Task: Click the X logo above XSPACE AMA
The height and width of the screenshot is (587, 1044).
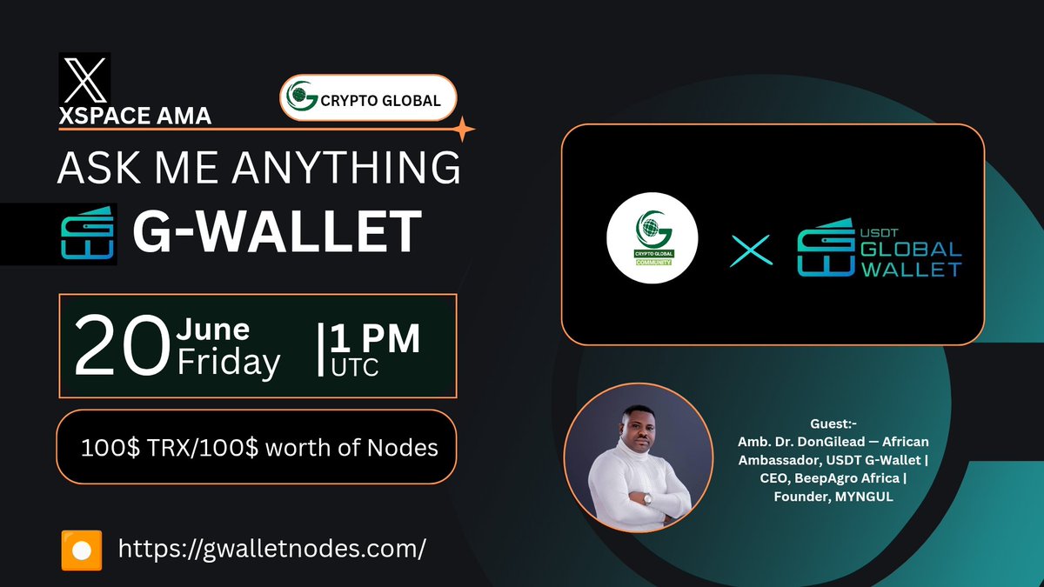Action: (84, 79)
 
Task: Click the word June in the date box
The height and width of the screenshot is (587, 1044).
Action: (213, 330)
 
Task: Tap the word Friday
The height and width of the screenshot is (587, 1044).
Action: (228, 362)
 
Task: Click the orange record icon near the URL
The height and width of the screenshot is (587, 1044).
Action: (82, 550)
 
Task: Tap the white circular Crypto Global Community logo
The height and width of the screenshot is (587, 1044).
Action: (653, 237)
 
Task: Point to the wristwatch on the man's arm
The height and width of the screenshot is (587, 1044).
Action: (646, 499)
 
